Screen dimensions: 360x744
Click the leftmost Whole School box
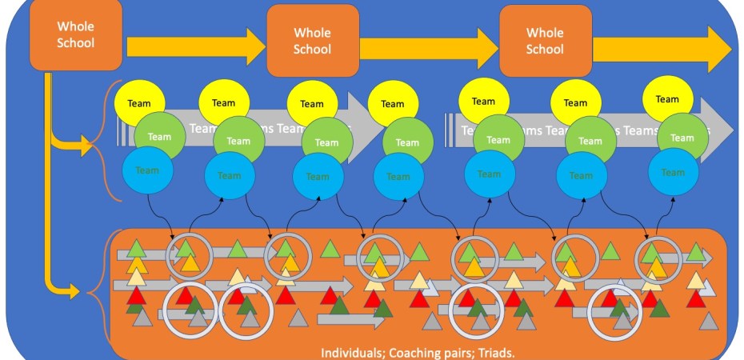[76, 34]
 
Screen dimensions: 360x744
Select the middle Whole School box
[311, 41]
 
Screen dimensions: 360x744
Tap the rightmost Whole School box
[545, 41]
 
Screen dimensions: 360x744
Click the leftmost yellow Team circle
[139, 102]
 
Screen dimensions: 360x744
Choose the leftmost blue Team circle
[148, 170]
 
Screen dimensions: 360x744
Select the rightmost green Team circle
[682, 138]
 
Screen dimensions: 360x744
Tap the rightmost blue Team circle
[673, 173]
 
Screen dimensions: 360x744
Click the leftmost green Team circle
[159, 137]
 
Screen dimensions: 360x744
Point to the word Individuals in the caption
[350, 353]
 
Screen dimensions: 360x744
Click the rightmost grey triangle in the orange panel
[708, 321]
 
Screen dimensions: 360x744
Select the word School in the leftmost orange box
[75, 42]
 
